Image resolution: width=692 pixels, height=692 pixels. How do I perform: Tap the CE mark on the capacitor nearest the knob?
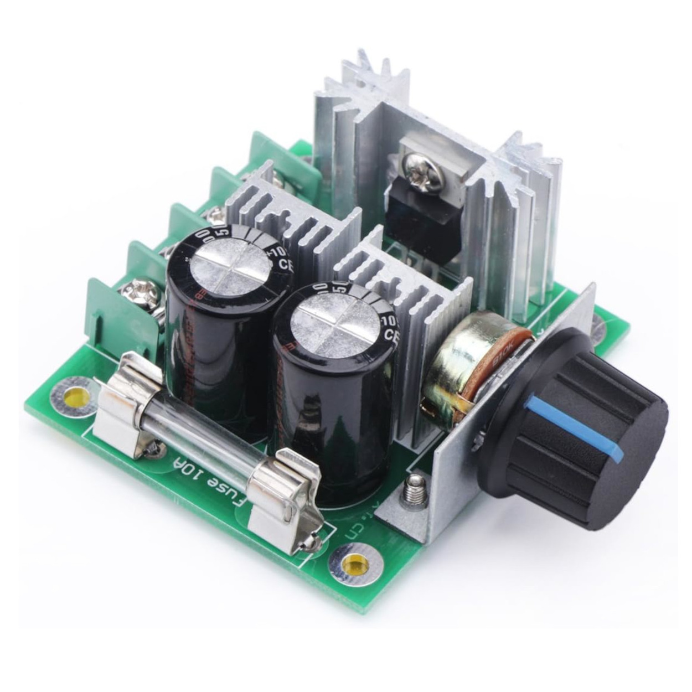click(391, 335)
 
